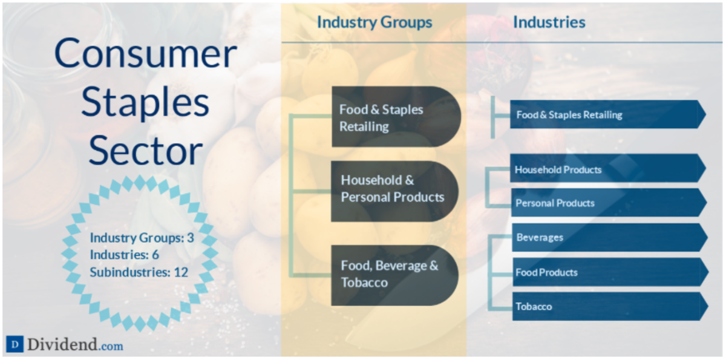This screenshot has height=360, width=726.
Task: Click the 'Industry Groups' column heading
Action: pyautogui.click(x=374, y=22)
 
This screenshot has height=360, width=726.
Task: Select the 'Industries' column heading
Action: pyautogui.click(x=549, y=22)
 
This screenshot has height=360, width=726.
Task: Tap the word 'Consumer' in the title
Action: pyautogui.click(x=146, y=53)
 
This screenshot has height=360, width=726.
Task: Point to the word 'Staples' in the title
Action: pyautogui.click(x=145, y=102)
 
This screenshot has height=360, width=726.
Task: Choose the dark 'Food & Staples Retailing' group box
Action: pyautogui.click(x=396, y=117)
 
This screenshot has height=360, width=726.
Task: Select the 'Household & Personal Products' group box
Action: pyautogui.click(x=394, y=192)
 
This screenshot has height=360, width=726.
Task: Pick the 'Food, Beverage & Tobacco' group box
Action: pyautogui.click(x=394, y=275)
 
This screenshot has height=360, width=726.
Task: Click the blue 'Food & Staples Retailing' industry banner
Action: pyautogui.click(x=607, y=114)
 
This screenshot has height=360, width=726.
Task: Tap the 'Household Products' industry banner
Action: pyautogui.click(x=607, y=168)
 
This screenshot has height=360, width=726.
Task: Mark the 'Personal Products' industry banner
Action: pyautogui.click(x=609, y=203)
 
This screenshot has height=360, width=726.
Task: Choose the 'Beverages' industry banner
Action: pyautogui.click(x=610, y=238)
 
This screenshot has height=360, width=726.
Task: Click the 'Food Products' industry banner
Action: pyautogui.click(x=610, y=272)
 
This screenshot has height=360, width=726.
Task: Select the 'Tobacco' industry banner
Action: pyautogui.click(x=610, y=307)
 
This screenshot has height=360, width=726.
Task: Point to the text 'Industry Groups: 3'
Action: pyautogui.click(x=142, y=238)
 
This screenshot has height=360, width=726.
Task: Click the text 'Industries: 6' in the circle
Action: pyautogui.click(x=125, y=255)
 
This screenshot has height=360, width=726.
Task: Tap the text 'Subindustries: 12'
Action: pyautogui.click(x=139, y=272)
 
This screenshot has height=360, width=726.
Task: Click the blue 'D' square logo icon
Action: pyautogui.click(x=15, y=344)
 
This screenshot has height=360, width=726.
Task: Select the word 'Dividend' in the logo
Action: pyautogui.click(x=62, y=344)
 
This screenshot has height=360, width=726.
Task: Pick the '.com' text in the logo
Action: pyautogui.click(x=111, y=346)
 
